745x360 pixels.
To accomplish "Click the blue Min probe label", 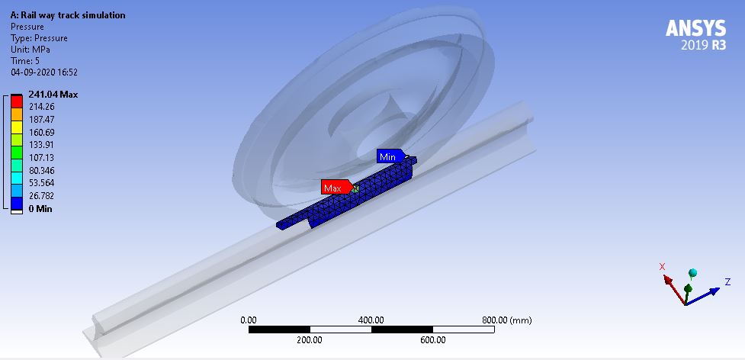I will [x=388, y=157].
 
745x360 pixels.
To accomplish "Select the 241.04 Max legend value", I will [x=53, y=95].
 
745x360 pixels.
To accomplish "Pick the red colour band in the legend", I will [x=17, y=101].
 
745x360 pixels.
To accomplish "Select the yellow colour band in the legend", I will [x=17, y=126].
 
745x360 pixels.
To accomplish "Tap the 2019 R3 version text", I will [x=704, y=46].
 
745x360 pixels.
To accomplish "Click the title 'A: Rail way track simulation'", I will [x=69, y=15].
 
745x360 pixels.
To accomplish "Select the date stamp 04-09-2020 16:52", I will [x=44, y=72].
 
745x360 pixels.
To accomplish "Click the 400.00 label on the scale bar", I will [x=371, y=320].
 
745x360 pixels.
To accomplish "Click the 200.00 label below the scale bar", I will [x=310, y=340].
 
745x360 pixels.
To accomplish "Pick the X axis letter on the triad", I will [x=662, y=266].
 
